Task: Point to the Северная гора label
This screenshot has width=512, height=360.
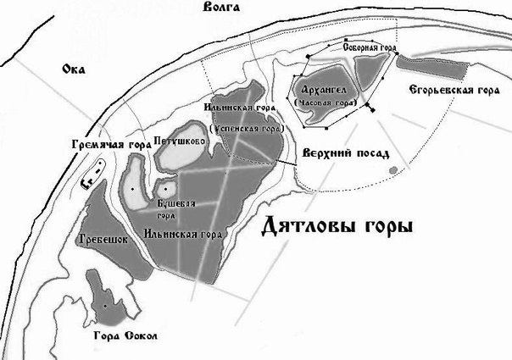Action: [x=370, y=49]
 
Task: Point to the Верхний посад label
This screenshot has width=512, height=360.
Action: [x=345, y=154]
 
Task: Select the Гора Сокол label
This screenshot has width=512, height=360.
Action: [x=124, y=336]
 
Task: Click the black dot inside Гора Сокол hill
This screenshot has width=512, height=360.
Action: [x=104, y=305]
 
